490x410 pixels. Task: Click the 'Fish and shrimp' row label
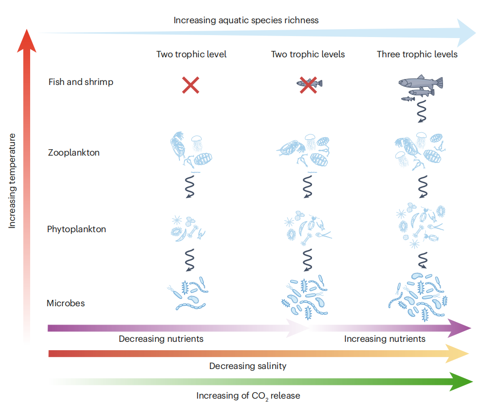pos(81,82)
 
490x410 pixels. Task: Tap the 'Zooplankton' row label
pos(74,152)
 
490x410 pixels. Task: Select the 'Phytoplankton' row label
pos(77,229)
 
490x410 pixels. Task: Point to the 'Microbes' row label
pos(66,303)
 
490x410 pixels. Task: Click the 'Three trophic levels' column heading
pos(417,54)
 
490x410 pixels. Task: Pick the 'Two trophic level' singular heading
pos(191,54)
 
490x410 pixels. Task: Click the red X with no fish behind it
pos(191,85)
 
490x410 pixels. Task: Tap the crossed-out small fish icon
pos(309,83)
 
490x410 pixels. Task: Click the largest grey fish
pos(421,82)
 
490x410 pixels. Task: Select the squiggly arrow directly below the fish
pos(422,111)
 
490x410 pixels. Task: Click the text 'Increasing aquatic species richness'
pos(246,20)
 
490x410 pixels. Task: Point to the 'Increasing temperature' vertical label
pos(12,181)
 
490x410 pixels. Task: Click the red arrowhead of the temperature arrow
pos(27,41)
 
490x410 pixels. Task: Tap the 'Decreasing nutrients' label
pos(161,339)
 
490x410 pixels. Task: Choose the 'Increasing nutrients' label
pos(385,339)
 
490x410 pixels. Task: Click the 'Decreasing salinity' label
pos(248,366)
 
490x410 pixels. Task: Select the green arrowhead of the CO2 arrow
pos(461,381)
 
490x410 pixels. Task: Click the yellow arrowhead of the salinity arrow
pos(457,354)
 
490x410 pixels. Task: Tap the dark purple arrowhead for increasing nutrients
pos(459,328)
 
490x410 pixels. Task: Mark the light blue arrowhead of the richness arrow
pos(466,33)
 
